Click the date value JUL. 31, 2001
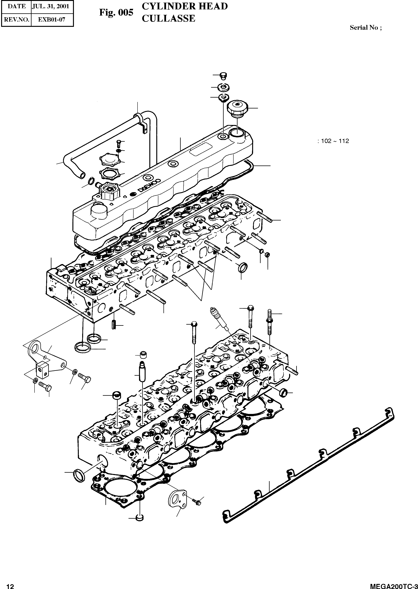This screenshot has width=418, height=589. click(50, 6)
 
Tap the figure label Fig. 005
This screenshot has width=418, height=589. click(116, 12)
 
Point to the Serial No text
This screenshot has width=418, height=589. click(365, 28)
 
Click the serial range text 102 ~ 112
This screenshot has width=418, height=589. click(335, 141)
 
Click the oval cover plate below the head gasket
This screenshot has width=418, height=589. click(176, 499)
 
